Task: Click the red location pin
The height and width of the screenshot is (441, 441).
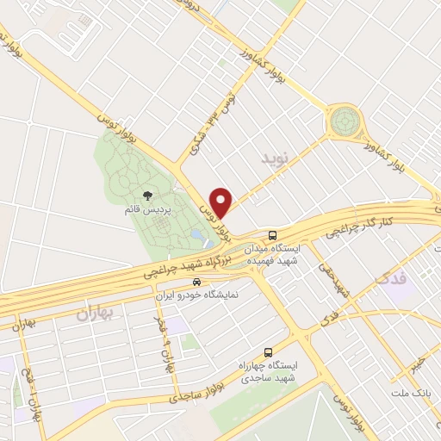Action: (x=223, y=202)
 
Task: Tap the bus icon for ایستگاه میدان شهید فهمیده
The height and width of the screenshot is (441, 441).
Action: (x=272, y=234)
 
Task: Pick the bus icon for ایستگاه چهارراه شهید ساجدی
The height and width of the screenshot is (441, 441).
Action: (x=268, y=352)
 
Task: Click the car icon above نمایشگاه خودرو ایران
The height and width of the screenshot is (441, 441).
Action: (x=197, y=282)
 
